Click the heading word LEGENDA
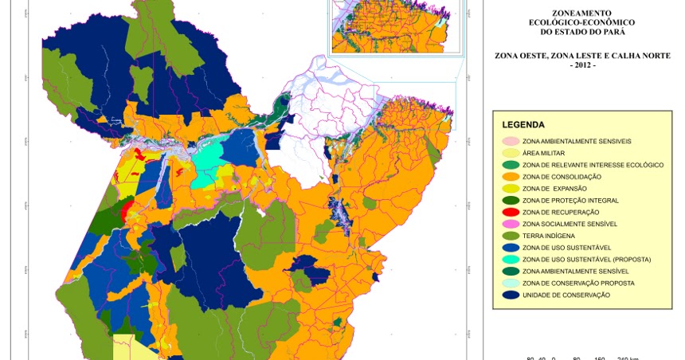(x=523, y=125)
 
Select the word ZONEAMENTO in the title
(x=581, y=14)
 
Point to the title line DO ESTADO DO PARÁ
(x=581, y=32)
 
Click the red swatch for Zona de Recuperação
(x=511, y=213)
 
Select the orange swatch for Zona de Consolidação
(x=511, y=177)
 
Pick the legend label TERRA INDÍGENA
(x=548, y=236)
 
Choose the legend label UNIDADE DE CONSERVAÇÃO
(x=566, y=295)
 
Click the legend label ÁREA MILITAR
(x=543, y=153)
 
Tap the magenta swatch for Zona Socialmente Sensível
(x=511, y=225)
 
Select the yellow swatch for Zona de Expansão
(x=511, y=189)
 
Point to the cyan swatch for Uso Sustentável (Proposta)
(x=511, y=260)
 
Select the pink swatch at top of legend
(x=511, y=141)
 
